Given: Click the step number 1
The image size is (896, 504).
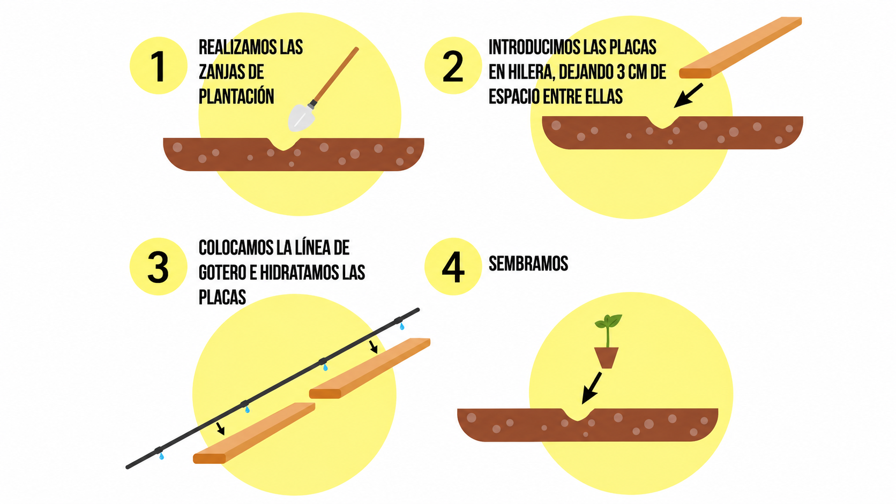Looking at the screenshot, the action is tap(159, 66).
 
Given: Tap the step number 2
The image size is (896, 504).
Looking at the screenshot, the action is tap(453, 66).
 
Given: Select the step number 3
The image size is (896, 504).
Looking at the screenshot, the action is tap(159, 267).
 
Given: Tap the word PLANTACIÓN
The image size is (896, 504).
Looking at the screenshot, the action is tap(236, 96).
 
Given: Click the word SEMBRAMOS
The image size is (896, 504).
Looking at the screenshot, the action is tap(528, 264).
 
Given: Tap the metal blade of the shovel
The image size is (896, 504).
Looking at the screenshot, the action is tap(301, 117).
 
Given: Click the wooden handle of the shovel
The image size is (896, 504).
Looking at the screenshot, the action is tap(335, 76).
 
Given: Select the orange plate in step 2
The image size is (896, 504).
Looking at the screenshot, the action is tap(741, 47).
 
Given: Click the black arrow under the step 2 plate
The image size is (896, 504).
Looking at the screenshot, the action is tap(689, 95).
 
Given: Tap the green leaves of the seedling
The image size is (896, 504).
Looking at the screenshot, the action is tap(608, 321).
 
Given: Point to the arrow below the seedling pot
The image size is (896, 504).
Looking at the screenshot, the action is tap(592, 388).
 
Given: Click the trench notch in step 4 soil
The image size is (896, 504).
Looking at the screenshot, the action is tap(578, 415).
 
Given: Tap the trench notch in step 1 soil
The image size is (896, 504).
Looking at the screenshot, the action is tap(283, 144).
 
